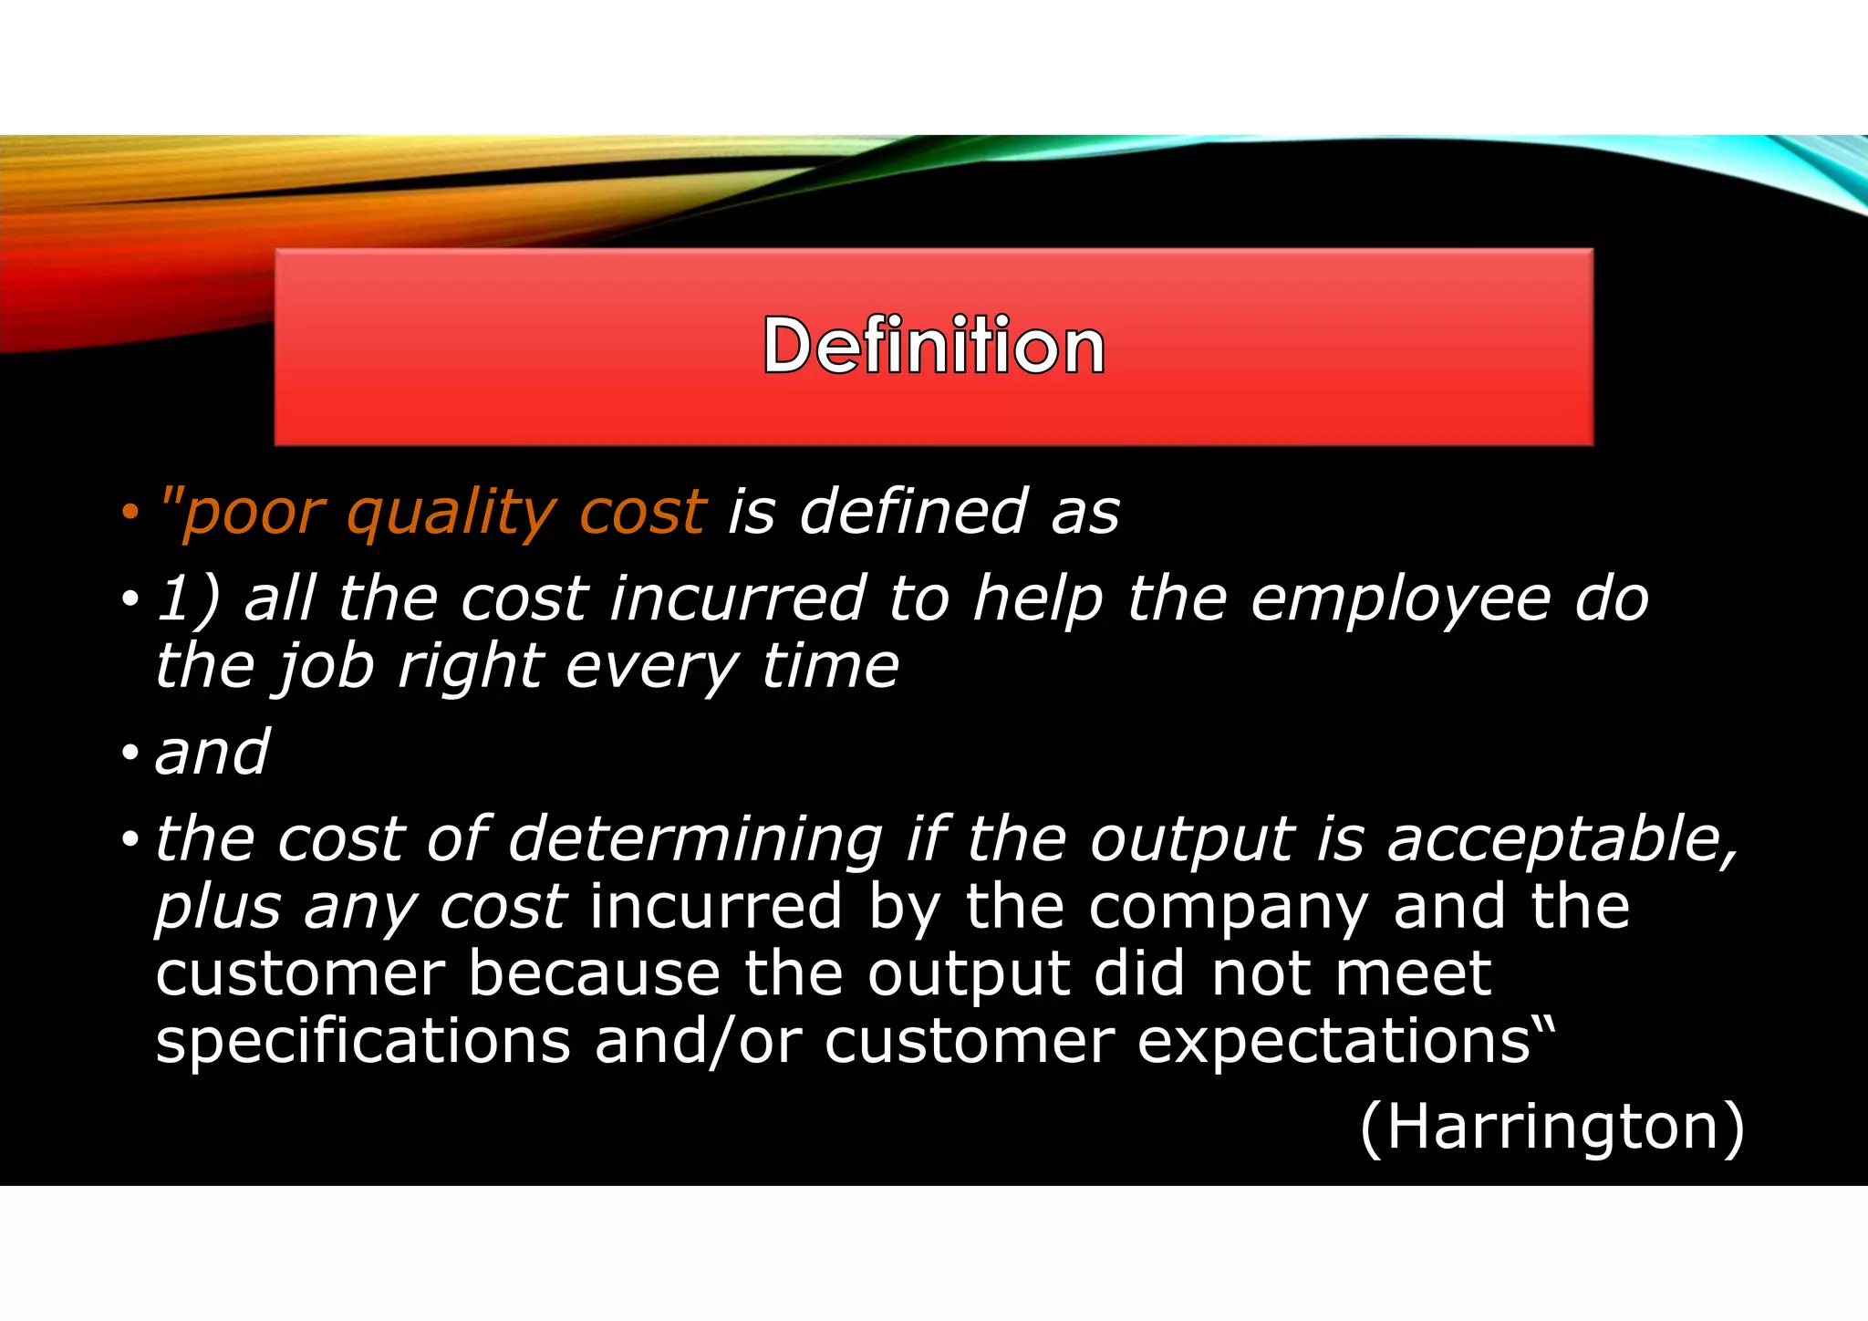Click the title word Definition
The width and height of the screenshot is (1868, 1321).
(x=933, y=346)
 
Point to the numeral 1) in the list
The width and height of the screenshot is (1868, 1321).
(x=188, y=600)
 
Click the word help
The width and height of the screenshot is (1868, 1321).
(x=1038, y=600)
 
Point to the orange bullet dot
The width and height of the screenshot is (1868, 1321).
(x=130, y=513)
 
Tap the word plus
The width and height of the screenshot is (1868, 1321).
(x=218, y=909)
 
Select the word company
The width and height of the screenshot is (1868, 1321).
(x=1228, y=909)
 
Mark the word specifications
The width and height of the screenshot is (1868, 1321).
(x=363, y=1042)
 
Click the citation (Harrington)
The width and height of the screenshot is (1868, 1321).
(x=1551, y=1128)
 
